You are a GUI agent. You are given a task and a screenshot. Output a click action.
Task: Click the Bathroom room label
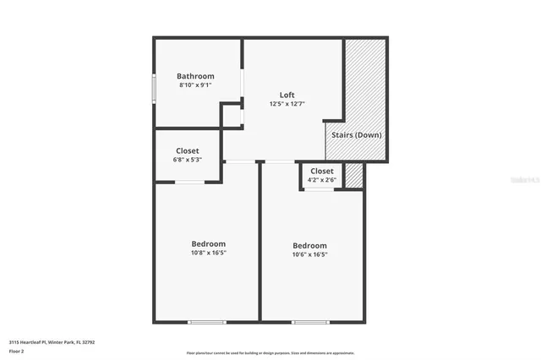pos(195,76)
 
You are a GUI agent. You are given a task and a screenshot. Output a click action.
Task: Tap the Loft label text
pos(287,95)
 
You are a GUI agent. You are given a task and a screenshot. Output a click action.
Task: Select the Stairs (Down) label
pos(355,135)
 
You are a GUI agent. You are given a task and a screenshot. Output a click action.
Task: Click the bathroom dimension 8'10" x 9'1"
pos(195,85)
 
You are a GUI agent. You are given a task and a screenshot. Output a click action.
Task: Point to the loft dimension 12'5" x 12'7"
pos(287,104)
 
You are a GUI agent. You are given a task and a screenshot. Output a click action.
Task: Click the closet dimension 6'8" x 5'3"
pos(188,160)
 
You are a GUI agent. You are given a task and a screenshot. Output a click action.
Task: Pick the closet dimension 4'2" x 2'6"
pos(322,179)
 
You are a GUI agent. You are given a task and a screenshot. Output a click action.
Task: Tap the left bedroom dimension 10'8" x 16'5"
pos(209,252)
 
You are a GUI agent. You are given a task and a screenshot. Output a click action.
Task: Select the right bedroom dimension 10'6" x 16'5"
pos(309,254)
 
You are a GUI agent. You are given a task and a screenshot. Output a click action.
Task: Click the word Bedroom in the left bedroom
pos(209,243)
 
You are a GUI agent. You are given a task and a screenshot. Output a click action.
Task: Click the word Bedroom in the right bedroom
pos(309,246)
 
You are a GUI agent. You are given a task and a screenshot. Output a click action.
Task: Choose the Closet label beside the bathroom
pos(188,150)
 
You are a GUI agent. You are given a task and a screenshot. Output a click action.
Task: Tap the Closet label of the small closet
pos(322,171)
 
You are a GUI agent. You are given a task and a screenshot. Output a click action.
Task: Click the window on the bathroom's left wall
pos(154,88)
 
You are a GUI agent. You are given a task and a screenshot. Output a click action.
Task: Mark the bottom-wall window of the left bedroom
pos(207,321)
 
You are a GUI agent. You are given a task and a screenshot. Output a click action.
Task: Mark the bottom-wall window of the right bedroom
pos(310,321)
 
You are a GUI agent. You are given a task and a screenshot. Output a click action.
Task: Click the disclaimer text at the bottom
pos(270,353)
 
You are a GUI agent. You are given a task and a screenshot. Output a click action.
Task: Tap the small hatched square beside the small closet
pos(355,174)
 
